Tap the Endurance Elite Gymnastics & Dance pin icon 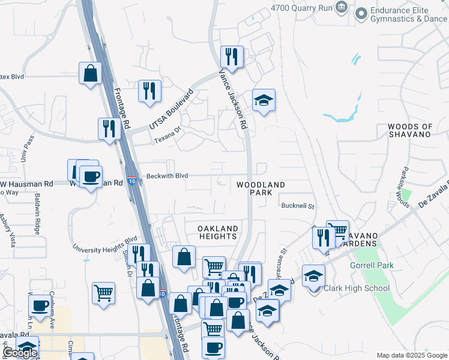coord(361,13)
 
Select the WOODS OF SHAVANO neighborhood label coord(410,130)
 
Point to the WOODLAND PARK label coord(260,188)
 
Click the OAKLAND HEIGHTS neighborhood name coord(218,232)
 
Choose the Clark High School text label coord(356,288)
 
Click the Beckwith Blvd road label coord(167,176)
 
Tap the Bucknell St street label coord(298,206)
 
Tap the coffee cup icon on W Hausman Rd coord(91,177)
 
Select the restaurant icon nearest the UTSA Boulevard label coord(149,91)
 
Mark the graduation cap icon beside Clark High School coord(313,275)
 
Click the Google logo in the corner coord(20,353)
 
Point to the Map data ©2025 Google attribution coord(412,355)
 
